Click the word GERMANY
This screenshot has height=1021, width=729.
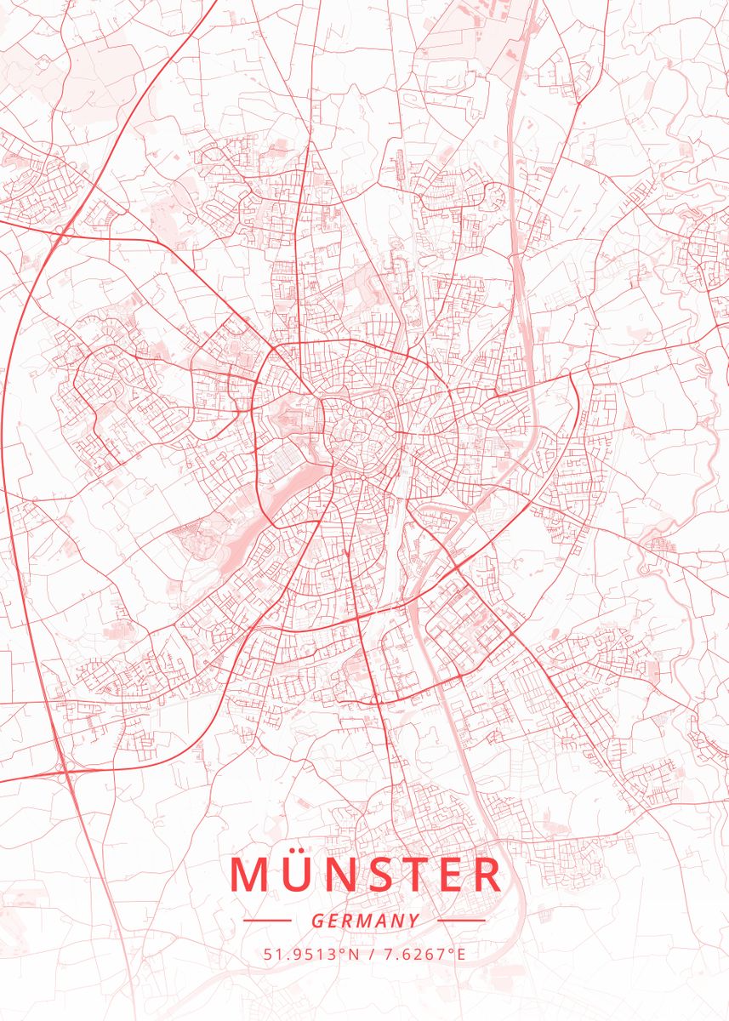coord(365,921)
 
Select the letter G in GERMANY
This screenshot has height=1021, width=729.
coord(316,921)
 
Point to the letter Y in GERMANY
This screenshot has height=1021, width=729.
coord(413,921)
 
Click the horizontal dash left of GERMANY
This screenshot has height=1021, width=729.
coord(266,920)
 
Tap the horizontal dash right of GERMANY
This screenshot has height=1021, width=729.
coord(461,920)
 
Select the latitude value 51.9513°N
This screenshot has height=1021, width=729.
coord(310,954)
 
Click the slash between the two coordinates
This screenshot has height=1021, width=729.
coord(371,954)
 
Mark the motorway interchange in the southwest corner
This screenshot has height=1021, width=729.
coord(64,766)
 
